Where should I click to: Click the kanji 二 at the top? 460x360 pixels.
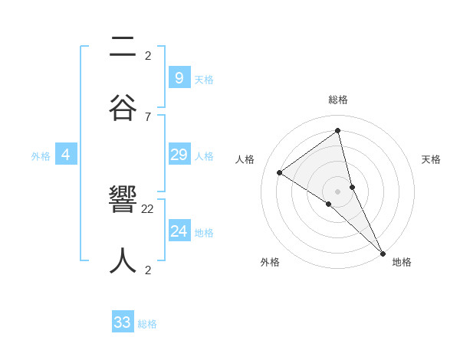(123, 47)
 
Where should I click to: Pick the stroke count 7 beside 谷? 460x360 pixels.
(148, 116)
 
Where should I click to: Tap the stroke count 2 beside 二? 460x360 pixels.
(148, 55)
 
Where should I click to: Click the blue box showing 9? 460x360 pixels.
(179, 77)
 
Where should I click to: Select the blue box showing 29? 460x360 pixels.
(179, 155)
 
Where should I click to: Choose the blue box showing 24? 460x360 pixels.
(179, 231)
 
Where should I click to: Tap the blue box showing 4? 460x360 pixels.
(66, 155)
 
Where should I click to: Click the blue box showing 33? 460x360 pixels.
(123, 322)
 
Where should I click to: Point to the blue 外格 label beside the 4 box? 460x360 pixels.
(41, 156)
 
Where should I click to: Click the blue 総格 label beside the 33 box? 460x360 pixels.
(147, 324)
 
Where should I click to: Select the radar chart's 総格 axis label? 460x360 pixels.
(338, 100)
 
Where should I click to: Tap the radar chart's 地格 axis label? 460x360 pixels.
(402, 262)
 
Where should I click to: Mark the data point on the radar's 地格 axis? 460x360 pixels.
(383, 253)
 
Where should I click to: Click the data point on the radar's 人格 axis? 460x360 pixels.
(280, 172)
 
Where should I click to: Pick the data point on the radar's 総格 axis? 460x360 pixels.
(338, 131)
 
